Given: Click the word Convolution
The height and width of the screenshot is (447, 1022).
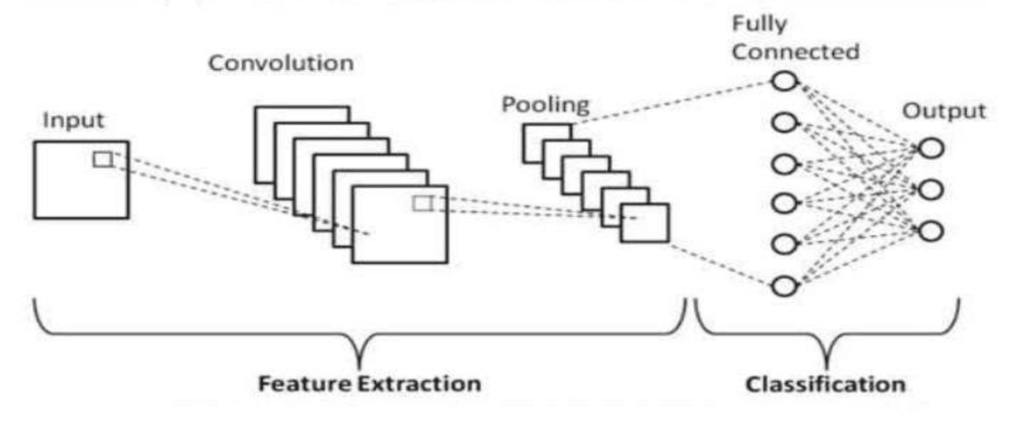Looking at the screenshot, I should pyautogui.click(x=281, y=63).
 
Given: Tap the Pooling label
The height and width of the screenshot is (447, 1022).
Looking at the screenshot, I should pyautogui.click(x=545, y=105).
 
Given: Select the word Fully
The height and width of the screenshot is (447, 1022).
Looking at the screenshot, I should pyautogui.click(x=759, y=24).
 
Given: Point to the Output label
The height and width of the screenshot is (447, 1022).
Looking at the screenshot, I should pyautogui.click(x=944, y=111).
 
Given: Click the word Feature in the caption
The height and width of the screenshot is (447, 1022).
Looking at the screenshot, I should pyautogui.click(x=305, y=384).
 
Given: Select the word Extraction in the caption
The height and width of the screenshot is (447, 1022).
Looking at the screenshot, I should pyautogui.click(x=419, y=384).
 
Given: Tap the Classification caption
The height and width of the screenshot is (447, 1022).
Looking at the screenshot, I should pyautogui.click(x=825, y=384).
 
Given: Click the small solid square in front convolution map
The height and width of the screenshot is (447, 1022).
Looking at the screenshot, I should pyautogui.click(x=422, y=203).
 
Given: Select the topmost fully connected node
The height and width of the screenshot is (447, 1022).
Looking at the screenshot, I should pyautogui.click(x=784, y=82).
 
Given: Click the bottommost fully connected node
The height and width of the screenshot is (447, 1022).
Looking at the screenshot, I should pyautogui.click(x=784, y=286).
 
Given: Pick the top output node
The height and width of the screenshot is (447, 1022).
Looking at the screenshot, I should pyautogui.click(x=931, y=149).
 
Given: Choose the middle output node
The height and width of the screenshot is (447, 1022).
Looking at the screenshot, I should pyautogui.click(x=931, y=190).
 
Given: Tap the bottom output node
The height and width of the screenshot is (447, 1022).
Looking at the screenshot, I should pyautogui.click(x=931, y=231).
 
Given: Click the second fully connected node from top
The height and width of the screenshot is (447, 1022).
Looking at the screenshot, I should pyautogui.click(x=784, y=122).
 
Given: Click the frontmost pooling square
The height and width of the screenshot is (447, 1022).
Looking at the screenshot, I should pyautogui.click(x=645, y=223).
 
